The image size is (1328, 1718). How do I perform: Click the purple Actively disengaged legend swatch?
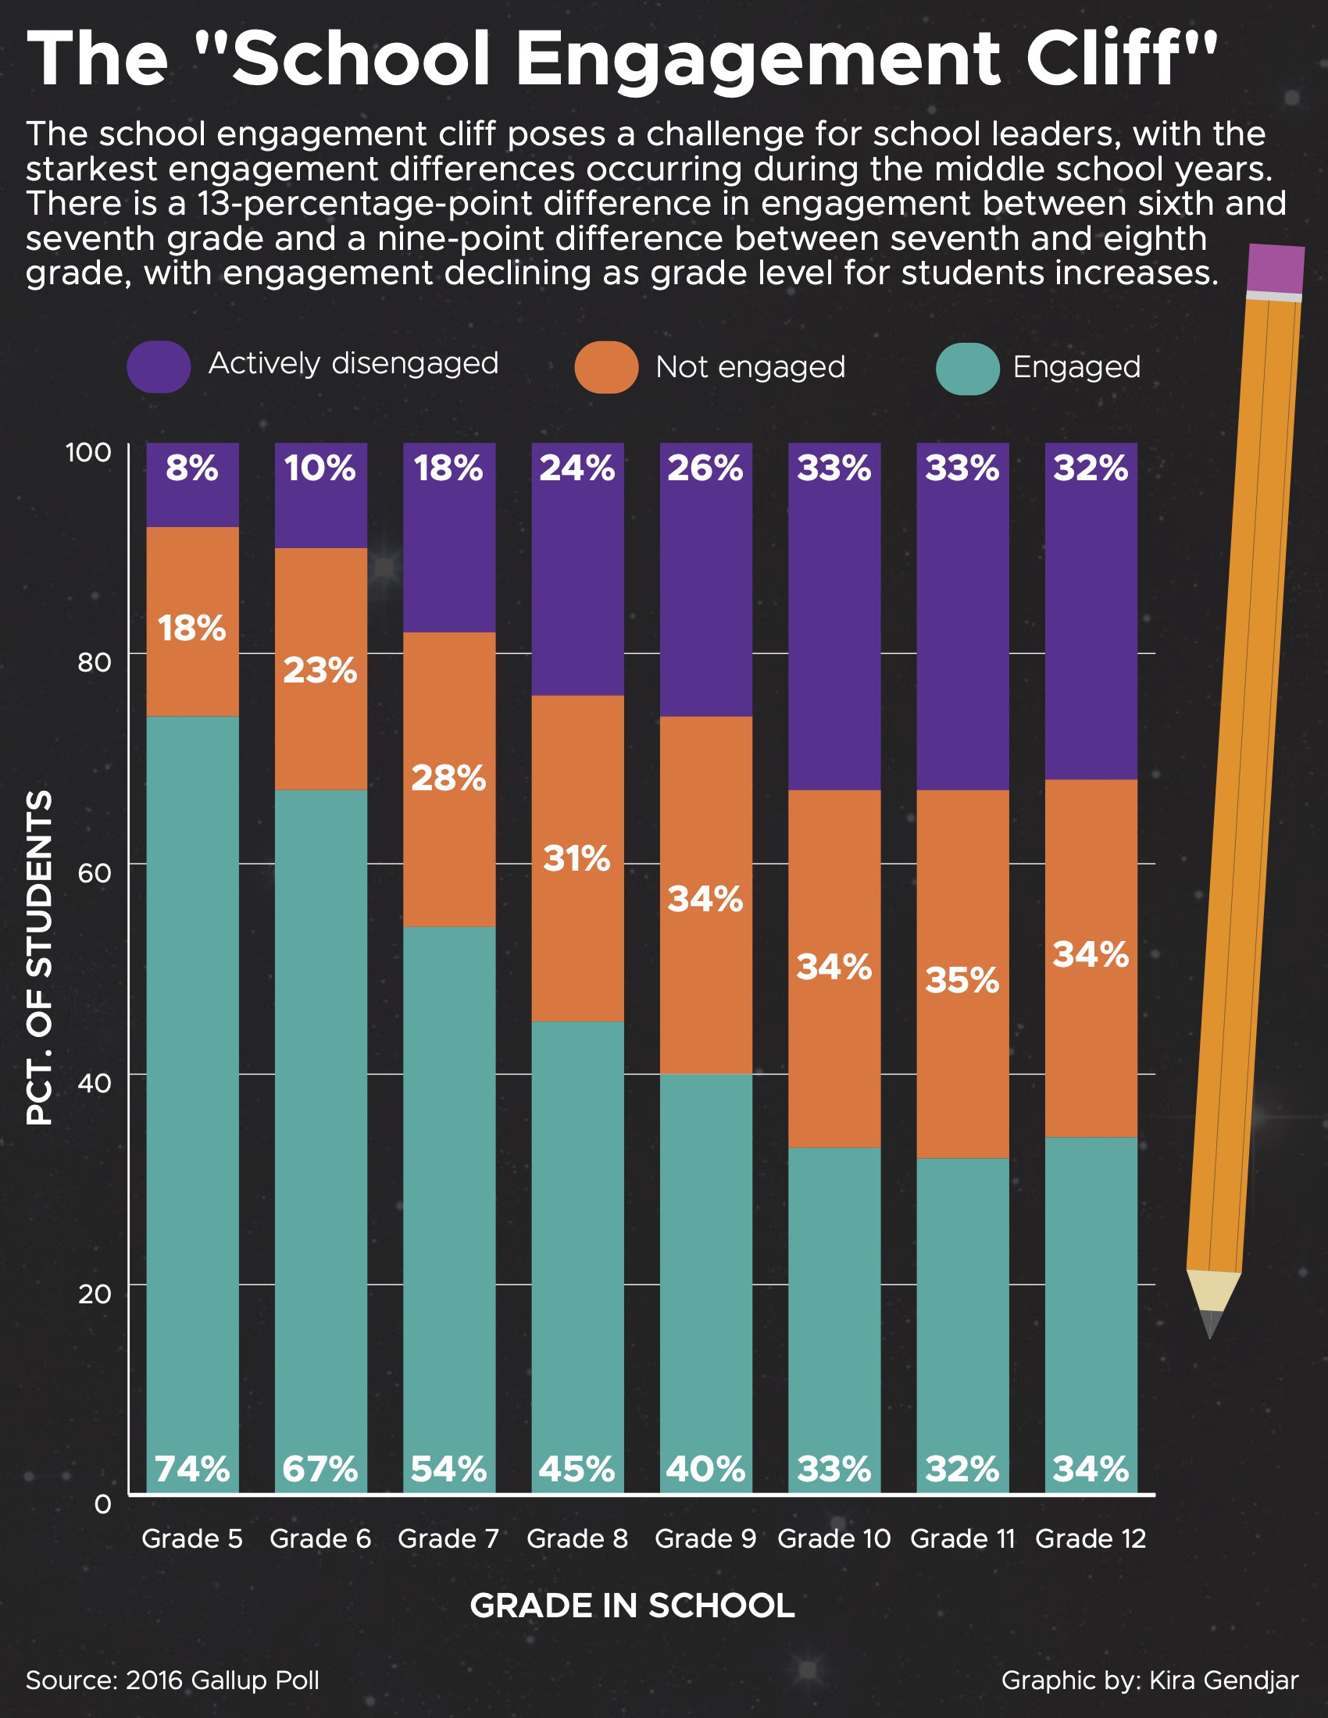tap(158, 366)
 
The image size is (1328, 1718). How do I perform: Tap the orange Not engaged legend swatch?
tap(605, 366)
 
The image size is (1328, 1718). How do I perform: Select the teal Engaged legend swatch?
tap(967, 367)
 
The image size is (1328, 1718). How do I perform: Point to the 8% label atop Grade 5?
tap(192, 468)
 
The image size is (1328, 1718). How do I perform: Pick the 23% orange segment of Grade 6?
tap(320, 670)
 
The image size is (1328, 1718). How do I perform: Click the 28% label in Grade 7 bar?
tap(448, 778)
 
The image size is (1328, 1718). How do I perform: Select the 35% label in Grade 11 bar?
tap(962, 980)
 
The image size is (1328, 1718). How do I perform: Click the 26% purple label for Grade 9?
tap(705, 468)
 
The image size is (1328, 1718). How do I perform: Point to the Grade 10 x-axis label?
tap(834, 1538)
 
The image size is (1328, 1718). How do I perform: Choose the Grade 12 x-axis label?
tap(1091, 1538)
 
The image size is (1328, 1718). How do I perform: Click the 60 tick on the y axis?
tap(95, 872)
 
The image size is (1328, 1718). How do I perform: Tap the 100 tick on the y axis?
tap(88, 452)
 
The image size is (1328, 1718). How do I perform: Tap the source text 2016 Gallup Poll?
tap(222, 1681)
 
